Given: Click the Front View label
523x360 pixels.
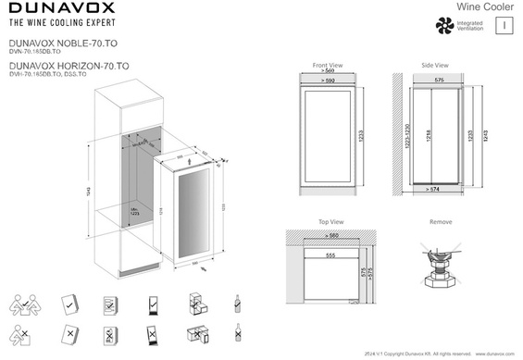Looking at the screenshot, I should tap(327, 67).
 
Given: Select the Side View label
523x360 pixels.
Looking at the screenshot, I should tap(434, 67).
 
